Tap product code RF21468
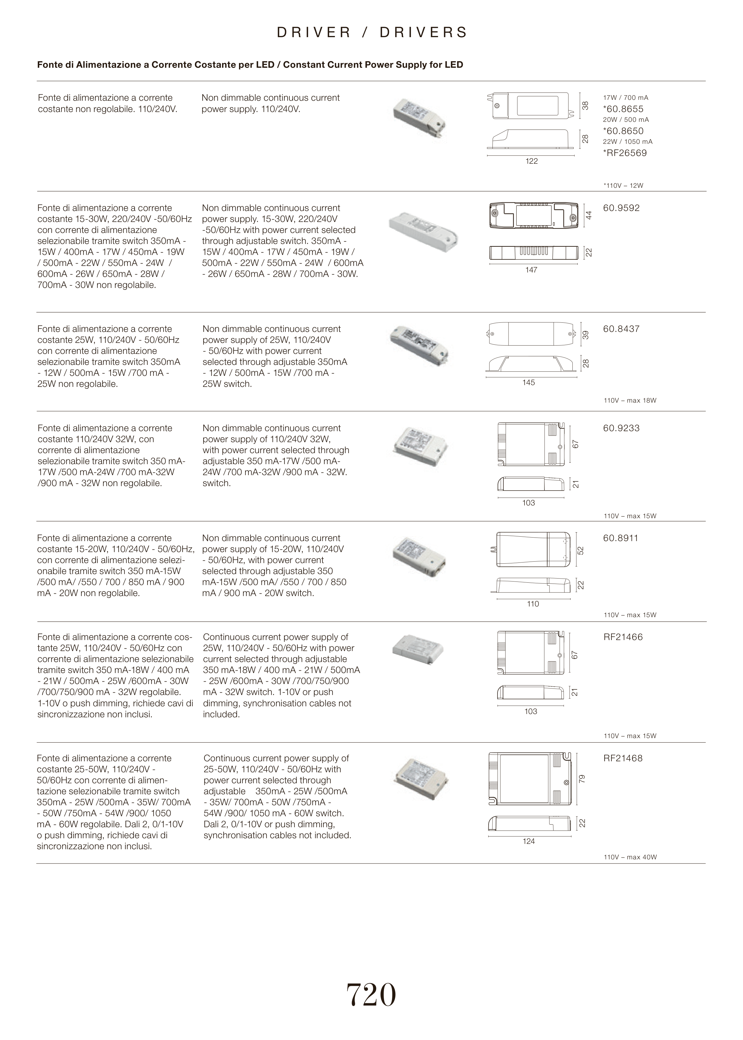pos(623,758)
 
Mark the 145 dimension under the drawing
pos(528,383)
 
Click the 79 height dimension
pos(582,779)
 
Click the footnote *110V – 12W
pos(623,186)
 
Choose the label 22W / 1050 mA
pos(627,142)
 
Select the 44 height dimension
pos(589,215)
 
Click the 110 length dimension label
pos(533,604)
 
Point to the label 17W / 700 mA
pos(625,98)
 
